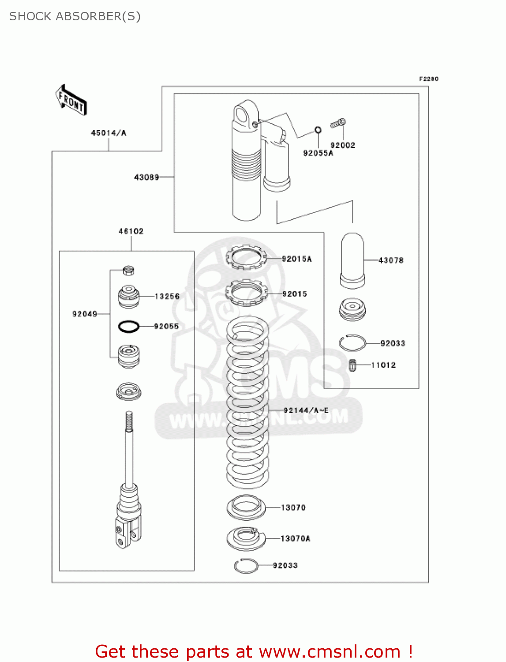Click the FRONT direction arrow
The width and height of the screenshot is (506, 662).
click(x=71, y=100)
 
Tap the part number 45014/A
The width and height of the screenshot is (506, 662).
click(x=109, y=133)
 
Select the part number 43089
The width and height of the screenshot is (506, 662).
click(x=146, y=177)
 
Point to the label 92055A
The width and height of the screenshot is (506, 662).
click(x=318, y=153)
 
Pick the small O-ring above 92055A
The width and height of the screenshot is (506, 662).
click(x=318, y=130)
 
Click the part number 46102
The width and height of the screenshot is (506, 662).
click(x=131, y=231)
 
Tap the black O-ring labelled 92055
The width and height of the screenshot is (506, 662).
click(x=129, y=327)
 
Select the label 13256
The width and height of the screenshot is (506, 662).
click(x=167, y=296)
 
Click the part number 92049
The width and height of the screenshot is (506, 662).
click(x=85, y=314)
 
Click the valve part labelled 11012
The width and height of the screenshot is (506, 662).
click(x=352, y=365)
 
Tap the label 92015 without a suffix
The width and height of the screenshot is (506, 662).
click(x=295, y=294)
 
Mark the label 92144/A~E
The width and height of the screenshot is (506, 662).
click(x=306, y=410)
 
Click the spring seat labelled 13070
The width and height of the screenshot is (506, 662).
click(x=246, y=508)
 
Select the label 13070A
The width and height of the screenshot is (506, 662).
click(x=295, y=538)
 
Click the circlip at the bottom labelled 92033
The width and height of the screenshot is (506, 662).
click(x=246, y=565)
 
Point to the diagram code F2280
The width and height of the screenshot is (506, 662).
click(x=428, y=79)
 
